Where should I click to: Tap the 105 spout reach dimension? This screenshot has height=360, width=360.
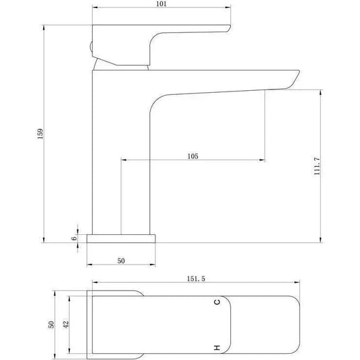pyautogui.click(x=192, y=155)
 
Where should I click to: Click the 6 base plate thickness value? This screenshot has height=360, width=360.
pyautogui.click(x=75, y=238)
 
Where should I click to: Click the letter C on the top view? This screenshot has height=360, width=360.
pyautogui.click(x=217, y=302)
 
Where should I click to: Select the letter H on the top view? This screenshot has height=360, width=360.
pyautogui.click(x=217, y=347)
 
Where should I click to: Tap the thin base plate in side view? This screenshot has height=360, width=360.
pyautogui.click(x=122, y=238)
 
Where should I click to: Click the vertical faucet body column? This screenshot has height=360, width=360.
pyautogui.click(x=118, y=155)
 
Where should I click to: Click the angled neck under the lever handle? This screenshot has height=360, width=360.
pyautogui.click(x=121, y=64)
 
